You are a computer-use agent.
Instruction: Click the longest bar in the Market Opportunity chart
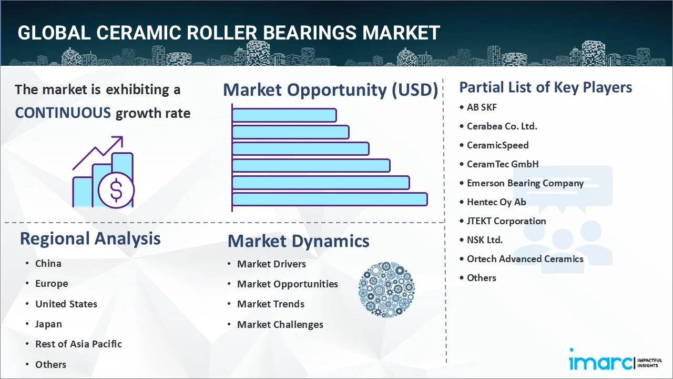pos(329,199)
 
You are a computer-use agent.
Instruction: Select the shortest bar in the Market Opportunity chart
pos(284,115)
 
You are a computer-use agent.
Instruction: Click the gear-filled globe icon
pos(386,290)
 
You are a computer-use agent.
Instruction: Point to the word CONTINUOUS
pos(63,113)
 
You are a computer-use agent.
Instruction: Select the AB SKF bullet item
pos(482,107)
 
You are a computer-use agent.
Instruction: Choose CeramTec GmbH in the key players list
pos(503,164)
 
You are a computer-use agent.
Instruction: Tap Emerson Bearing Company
pos(525,183)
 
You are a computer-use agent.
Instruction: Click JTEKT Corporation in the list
pos(506,221)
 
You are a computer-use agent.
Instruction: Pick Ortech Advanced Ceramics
pos(525,259)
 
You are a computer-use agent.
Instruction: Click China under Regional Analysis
pos(48,264)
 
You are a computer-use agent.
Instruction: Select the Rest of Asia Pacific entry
pos(78,344)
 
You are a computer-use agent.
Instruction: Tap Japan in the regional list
pos(48,324)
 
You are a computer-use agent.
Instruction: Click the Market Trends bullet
pos(270,304)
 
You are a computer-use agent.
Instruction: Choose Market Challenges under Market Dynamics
pos(280,325)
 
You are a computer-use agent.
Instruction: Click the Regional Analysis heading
pos(90,238)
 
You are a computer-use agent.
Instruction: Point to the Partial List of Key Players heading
pos(545,87)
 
